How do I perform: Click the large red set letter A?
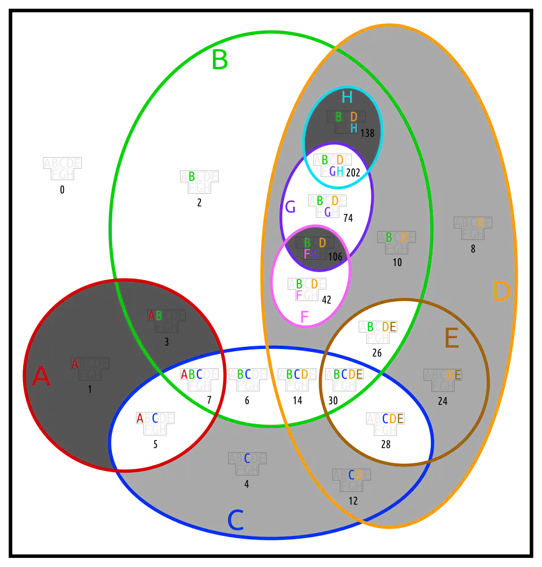pyautogui.click(x=41, y=377)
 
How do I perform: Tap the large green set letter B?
pyautogui.click(x=220, y=60)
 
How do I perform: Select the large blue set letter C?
pyautogui.click(x=235, y=520)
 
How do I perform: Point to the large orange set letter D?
pyautogui.click(x=501, y=292)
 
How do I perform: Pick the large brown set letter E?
pyautogui.click(x=451, y=339)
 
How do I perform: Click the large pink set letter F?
pyautogui.click(x=304, y=317)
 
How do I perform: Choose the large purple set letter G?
pyautogui.click(x=290, y=207)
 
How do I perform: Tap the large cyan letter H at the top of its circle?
pyautogui.click(x=347, y=98)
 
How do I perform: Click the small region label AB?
pyautogui.click(x=155, y=316)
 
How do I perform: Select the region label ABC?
pyautogui.click(x=191, y=374)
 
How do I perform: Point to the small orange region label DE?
pyautogui.click(x=454, y=375)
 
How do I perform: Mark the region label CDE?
pyautogui.click(x=392, y=418)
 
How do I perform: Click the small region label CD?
pyautogui.click(x=355, y=476)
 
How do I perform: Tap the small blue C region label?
pyautogui.click(x=247, y=459)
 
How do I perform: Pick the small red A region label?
pyautogui.click(x=75, y=364)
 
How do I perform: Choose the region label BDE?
pyautogui.click(x=381, y=327)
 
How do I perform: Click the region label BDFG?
pyautogui.click(x=314, y=248)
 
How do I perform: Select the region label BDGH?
pyautogui.click(x=332, y=165)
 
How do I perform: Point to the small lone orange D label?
pyautogui.click(x=480, y=223)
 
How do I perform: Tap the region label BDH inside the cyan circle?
pyautogui.click(x=346, y=122)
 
